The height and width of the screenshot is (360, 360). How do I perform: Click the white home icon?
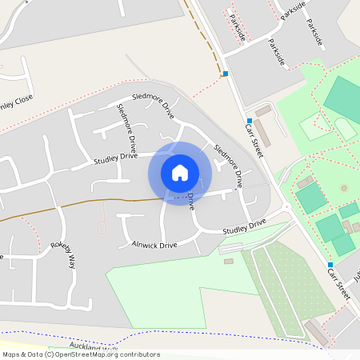[x=180, y=173]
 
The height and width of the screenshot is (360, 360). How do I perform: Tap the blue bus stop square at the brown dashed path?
[x=226, y=74]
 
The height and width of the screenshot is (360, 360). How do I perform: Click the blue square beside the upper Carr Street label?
[x=248, y=120]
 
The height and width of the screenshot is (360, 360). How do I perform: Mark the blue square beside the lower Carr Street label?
[x=330, y=265]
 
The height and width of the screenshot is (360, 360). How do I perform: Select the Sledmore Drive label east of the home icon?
[x=228, y=160]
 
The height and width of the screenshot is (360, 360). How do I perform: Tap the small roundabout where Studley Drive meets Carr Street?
[x=286, y=207]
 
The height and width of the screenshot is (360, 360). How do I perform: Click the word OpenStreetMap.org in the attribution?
[x=97, y=354]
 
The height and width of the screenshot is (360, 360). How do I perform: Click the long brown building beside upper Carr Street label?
[x=262, y=133]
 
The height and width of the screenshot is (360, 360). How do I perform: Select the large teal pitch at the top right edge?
[x=342, y=99]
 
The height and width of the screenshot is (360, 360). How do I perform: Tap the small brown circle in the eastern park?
[x=345, y=188]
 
